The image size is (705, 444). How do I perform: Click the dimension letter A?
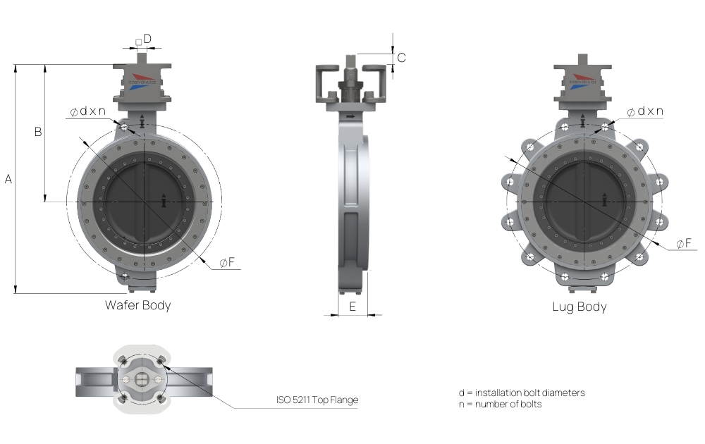[8, 180]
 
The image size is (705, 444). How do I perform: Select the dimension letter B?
[38, 132]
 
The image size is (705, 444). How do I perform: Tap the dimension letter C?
[401, 58]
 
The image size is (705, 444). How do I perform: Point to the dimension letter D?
[147, 38]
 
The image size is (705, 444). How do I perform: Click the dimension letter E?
[352, 306]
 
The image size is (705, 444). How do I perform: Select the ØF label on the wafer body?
[227, 263]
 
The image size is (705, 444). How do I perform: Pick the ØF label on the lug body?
[684, 243]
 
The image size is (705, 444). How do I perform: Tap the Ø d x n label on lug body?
[646, 111]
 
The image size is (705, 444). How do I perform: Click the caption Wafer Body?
[137, 305]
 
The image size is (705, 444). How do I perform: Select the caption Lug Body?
[580, 307]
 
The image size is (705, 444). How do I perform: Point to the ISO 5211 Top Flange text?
[317, 400]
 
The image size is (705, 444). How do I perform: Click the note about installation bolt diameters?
[521, 393]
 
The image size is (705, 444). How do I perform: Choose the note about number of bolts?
[500, 404]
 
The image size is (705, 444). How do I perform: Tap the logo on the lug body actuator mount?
[583, 80]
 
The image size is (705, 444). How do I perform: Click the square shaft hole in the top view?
[142, 381]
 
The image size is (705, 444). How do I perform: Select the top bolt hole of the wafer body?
[125, 128]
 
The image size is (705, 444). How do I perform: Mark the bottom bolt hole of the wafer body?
[125, 277]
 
